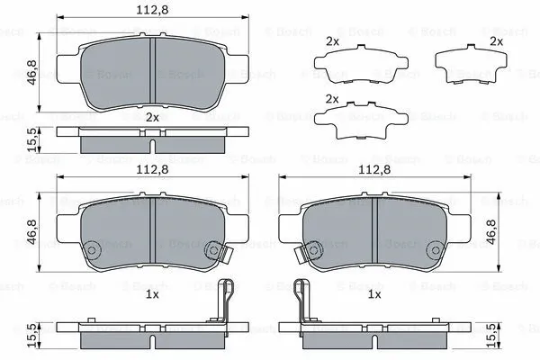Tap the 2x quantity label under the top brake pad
pyautogui.click(x=152, y=118)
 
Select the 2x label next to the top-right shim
pyautogui.click(x=495, y=41)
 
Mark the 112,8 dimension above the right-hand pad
pyautogui.click(x=373, y=167)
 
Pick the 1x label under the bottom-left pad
pyautogui.click(x=152, y=294)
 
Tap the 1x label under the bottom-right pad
pyautogui.click(x=373, y=294)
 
